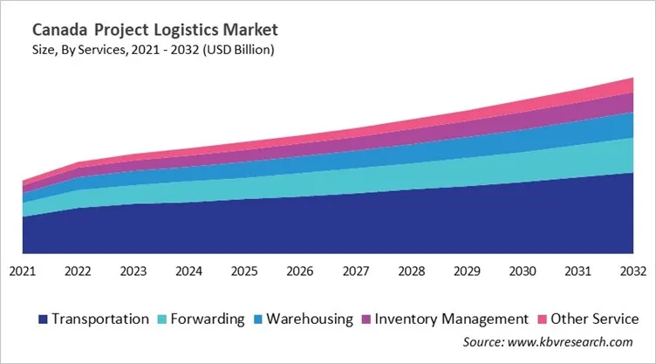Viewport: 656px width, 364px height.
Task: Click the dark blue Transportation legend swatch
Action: pos(44,319)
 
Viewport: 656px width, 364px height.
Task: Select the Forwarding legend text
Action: pos(208,319)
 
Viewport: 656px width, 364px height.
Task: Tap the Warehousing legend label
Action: pos(309,319)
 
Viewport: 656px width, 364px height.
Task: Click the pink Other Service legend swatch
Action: pos(546,319)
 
